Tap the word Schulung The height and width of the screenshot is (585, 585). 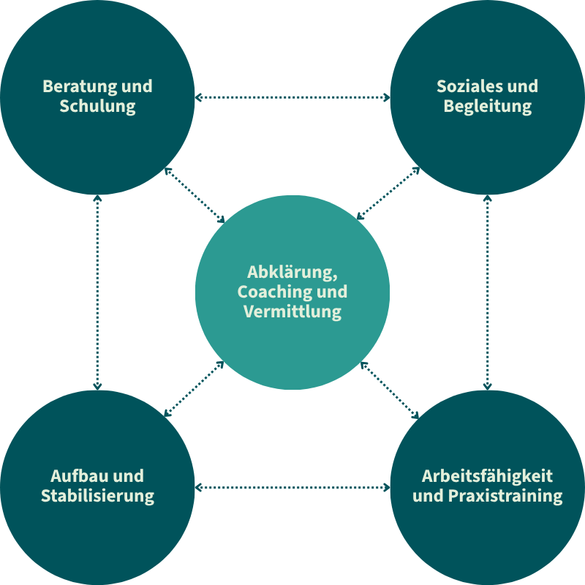pos(97,107)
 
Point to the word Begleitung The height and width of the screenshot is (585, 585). pos(487,107)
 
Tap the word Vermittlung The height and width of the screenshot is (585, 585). pos(292,312)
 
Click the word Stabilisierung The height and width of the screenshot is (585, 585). pos(97,496)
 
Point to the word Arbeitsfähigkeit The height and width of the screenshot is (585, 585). pos(487,476)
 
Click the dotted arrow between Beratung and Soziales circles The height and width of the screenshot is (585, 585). pos(292,97)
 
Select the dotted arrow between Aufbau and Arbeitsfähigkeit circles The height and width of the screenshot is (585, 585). pos(292,487)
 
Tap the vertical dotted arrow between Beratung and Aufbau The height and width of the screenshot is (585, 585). pos(97,292)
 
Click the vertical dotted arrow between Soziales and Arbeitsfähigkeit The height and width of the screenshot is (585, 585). pos(488,292)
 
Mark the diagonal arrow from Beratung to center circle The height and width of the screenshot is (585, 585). pos(195,195)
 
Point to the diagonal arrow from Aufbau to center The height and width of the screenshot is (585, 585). pos(195,388)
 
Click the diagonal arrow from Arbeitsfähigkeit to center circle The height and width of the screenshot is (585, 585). pos(390,390)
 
